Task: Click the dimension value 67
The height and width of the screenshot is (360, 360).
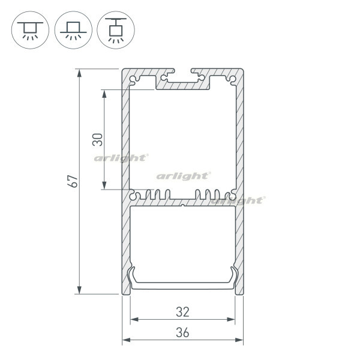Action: [x=73, y=181]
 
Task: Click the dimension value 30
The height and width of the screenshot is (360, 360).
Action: [x=97, y=140]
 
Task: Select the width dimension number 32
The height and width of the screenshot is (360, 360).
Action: [x=183, y=312]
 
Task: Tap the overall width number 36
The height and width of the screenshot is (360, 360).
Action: [x=183, y=332]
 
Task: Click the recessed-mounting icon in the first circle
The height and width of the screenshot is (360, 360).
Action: [x=30, y=30]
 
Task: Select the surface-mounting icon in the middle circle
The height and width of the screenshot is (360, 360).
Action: [x=73, y=30]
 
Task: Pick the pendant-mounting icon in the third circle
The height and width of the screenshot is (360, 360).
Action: [x=116, y=30]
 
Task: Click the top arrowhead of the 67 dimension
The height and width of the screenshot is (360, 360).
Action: [x=79, y=73]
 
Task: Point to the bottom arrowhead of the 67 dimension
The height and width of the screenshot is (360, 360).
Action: [x=79, y=290]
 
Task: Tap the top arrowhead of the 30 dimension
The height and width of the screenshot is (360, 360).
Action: [x=104, y=94]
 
